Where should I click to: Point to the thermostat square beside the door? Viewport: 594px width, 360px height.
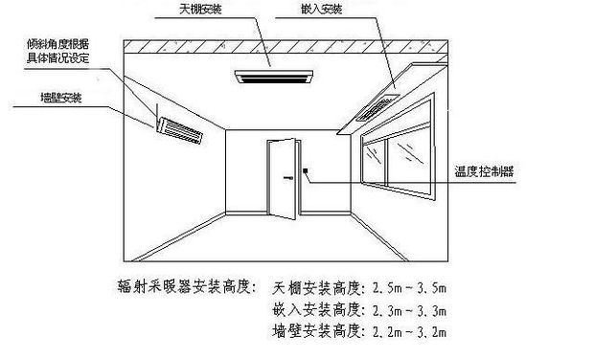(x=306, y=170)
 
